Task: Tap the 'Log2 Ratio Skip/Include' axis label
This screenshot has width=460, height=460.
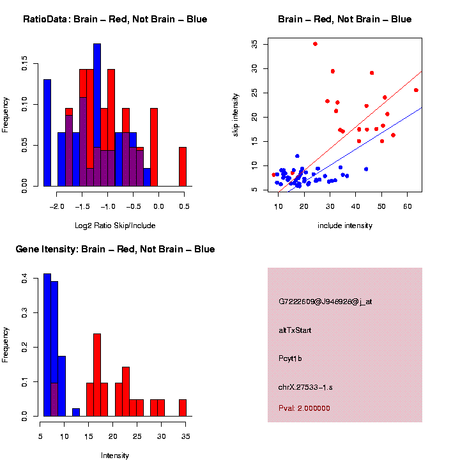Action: [115, 225]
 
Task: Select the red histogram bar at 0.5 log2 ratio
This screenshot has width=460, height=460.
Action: [183, 167]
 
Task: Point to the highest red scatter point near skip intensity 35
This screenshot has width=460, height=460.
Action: [315, 44]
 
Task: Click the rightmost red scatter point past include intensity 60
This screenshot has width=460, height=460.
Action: [416, 90]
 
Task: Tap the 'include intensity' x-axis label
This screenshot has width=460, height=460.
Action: [345, 226]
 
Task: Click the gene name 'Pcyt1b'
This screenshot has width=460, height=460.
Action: [290, 358]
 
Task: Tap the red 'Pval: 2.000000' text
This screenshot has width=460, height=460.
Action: [304, 408]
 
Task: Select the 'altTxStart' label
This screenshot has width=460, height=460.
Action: [295, 330]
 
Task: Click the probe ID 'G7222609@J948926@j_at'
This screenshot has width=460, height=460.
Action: [325, 302]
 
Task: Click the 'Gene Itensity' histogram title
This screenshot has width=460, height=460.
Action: [115, 249]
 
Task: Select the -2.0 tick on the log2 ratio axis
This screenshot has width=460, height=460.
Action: [57, 206]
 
